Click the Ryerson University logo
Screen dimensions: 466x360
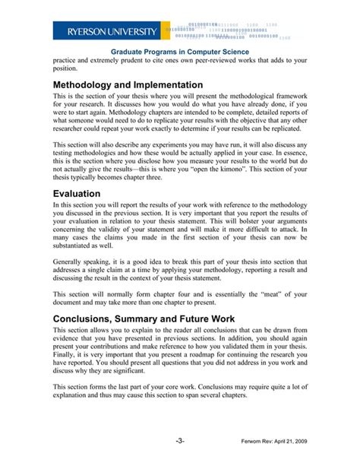point(106,31)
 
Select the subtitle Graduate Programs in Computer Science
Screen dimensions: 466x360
point(180,52)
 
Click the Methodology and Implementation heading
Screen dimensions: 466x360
point(128,84)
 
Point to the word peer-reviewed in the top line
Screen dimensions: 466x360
point(211,62)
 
